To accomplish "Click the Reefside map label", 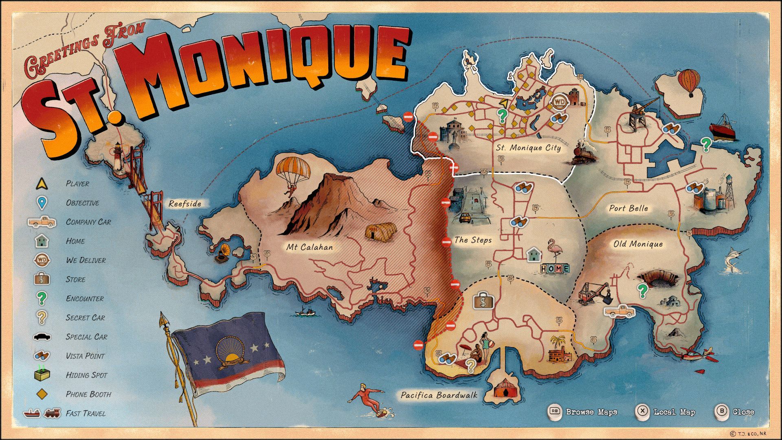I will pos(185,204).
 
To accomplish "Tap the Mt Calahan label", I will pos(309,247).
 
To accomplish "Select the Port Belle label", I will pos(628,208).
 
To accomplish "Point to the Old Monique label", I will pos(638,244).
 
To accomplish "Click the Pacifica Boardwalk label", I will pos(439,395).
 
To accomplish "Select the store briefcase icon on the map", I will pos(483,301).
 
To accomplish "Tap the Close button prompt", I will pos(736,411).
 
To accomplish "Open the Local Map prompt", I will pos(666,411).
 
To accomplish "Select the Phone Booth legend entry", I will pos(88,394).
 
